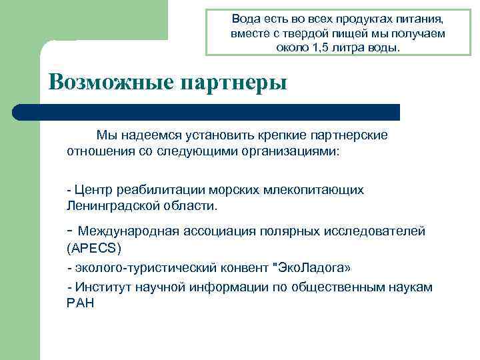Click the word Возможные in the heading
click(109, 82)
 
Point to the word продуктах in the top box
click(364, 19)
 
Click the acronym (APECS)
click(94, 247)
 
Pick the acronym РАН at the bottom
click(81, 303)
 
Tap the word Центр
click(95, 190)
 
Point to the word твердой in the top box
click(306, 33)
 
